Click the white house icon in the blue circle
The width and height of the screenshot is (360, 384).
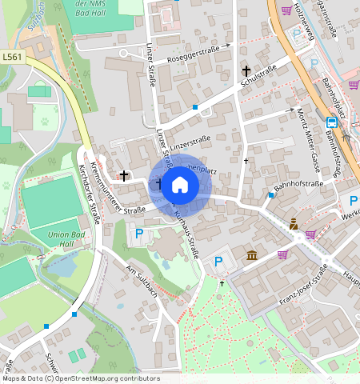pos(180,186)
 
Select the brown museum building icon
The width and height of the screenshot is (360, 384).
pos(252,255)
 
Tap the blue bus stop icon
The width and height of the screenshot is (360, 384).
pos(331,122)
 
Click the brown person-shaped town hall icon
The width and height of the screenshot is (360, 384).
pos(294,224)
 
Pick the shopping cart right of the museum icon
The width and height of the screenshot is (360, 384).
pos(282,254)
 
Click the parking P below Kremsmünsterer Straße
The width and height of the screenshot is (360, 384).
pos(139,234)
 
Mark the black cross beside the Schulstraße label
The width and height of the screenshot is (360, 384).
pos(246,71)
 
